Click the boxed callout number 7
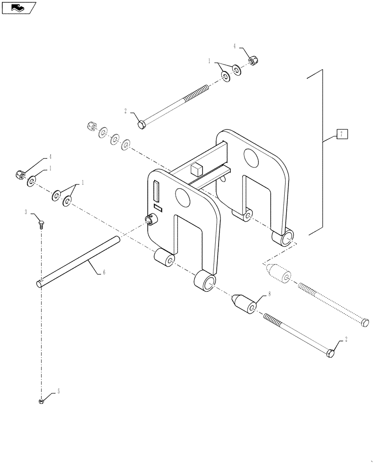coord(341,135)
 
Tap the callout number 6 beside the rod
coord(103,272)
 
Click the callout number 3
coord(27,212)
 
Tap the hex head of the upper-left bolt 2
coord(142,125)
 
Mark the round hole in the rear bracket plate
coord(250,158)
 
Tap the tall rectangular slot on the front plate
coord(156,191)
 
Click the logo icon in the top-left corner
coord(18,7)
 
